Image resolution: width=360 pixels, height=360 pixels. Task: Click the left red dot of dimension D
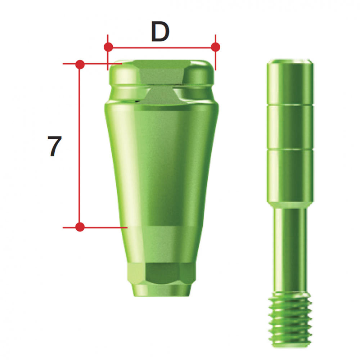(108, 47)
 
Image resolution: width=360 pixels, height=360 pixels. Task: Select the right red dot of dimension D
(215, 47)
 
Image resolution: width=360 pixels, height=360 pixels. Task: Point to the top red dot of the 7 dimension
(80, 64)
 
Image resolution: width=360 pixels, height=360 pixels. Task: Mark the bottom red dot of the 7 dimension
(80, 227)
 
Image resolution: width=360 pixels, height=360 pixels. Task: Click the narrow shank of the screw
(290, 248)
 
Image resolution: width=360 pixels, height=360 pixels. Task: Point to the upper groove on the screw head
(290, 105)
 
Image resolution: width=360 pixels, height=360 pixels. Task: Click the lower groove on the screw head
(290, 149)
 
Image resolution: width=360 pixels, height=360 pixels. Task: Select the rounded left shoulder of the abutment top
(122, 74)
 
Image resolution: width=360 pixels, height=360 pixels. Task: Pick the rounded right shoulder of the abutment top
(200, 74)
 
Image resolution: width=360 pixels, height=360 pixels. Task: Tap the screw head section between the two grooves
(290, 127)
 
